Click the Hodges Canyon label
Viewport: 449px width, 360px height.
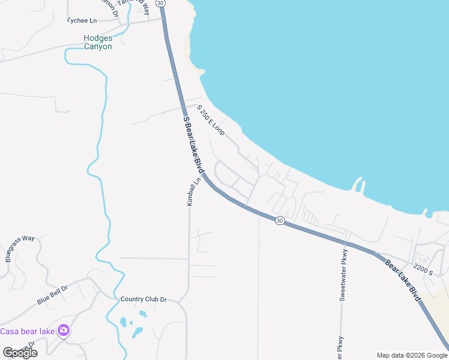pyautogui.click(x=98, y=42)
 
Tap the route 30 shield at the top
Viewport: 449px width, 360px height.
pyautogui.click(x=160, y=3)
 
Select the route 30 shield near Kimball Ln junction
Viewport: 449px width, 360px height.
pyautogui.click(x=280, y=221)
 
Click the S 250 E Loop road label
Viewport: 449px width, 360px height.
pyautogui.click(x=210, y=120)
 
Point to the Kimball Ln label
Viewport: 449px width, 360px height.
pyautogui.click(x=190, y=191)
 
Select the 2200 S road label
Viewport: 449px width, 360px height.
pyautogui.click(x=423, y=271)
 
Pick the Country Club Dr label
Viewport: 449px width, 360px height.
pyautogui.click(x=143, y=299)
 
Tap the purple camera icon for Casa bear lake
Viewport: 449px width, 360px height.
pyautogui.click(x=63, y=331)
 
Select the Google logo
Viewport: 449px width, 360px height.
pyautogui.click(x=20, y=353)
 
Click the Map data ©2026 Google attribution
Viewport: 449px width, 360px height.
pyautogui.click(x=411, y=355)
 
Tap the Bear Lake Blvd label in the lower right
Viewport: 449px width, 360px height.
pyautogui.click(x=403, y=280)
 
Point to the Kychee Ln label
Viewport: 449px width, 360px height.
pyautogui.click(x=82, y=20)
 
